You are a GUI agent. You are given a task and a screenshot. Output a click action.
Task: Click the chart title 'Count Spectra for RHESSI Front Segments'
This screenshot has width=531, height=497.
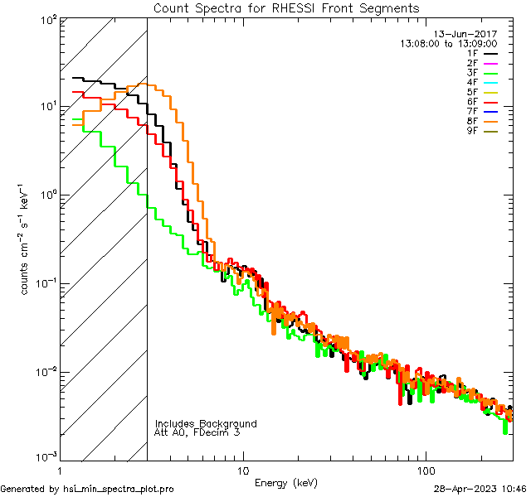pos(286,8)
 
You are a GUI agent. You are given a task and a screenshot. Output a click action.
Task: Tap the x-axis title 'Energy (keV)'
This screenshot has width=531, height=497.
pos(286,482)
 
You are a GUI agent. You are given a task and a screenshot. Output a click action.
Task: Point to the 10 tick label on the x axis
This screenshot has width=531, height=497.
pos(242,470)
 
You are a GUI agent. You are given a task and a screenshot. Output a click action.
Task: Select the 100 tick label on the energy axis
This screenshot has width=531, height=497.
pos(425,470)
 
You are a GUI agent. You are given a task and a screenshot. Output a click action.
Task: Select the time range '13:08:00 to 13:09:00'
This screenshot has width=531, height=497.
pos(448,43)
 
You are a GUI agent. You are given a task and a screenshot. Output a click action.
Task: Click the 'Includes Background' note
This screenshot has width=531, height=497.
pos(206,424)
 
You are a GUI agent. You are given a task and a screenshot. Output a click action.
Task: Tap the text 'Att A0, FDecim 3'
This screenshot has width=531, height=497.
pos(197,433)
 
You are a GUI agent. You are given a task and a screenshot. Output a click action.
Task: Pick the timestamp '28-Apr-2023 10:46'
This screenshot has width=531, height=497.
pos(480,489)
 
